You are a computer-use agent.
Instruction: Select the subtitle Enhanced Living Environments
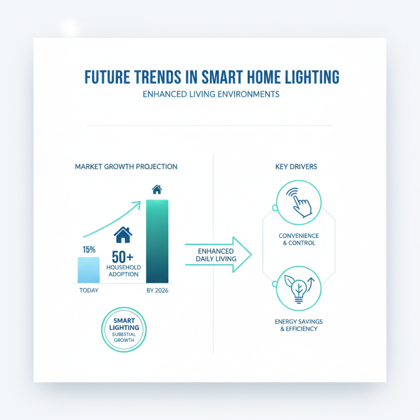(210, 95)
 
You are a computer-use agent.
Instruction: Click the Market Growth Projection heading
(126, 166)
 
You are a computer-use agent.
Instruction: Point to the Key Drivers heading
(296, 166)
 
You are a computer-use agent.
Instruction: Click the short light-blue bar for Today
(88, 270)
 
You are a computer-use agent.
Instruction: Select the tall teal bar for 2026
(157, 241)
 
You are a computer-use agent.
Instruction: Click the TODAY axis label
(88, 290)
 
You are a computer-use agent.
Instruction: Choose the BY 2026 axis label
(157, 290)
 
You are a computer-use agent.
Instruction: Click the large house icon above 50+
(123, 235)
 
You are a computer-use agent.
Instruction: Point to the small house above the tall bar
(156, 189)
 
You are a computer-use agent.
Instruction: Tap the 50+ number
(123, 257)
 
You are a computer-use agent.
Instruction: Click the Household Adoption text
(123, 271)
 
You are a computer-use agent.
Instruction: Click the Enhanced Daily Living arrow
(216, 255)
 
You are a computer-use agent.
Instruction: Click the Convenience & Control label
(298, 239)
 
